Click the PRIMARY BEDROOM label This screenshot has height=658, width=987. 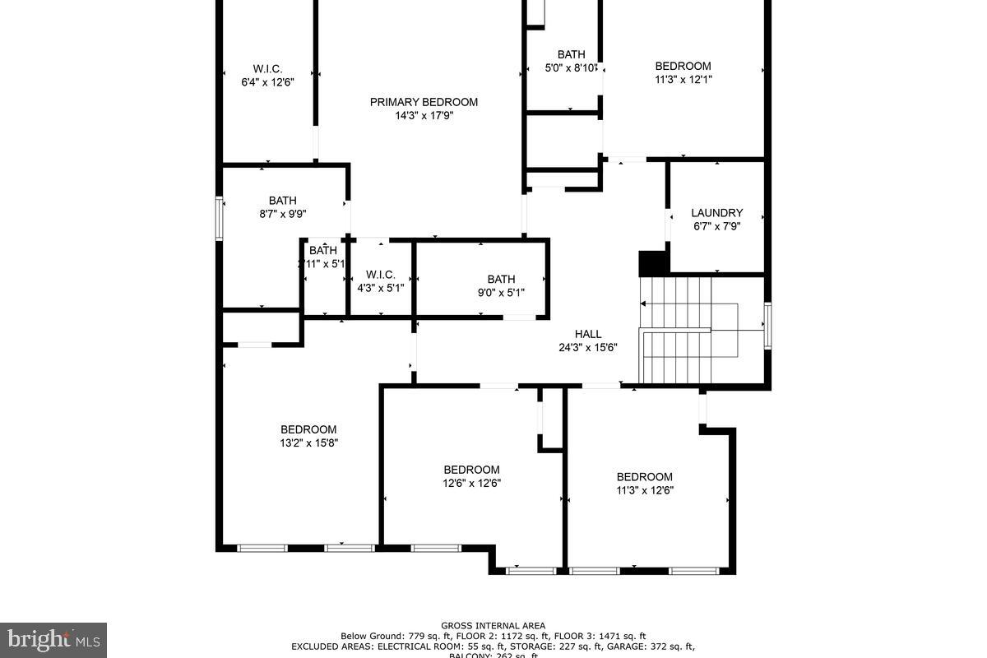(424, 102)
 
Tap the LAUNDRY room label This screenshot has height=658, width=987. (716, 212)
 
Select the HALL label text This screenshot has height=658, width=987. (588, 334)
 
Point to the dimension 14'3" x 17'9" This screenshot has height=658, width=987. (424, 116)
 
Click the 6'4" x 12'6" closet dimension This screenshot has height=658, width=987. (267, 82)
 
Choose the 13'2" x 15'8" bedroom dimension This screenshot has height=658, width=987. (308, 443)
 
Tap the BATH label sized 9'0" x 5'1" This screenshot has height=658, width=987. (501, 279)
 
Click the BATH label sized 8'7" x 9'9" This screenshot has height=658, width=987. (282, 200)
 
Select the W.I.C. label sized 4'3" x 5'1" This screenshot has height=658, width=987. (381, 274)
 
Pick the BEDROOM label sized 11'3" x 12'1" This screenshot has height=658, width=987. (683, 66)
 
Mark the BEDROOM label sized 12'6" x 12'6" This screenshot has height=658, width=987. (471, 470)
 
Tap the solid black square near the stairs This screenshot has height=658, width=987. (653, 263)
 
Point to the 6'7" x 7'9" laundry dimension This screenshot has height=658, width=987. (716, 226)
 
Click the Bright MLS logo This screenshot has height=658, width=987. (53, 638)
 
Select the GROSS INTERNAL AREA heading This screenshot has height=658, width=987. (493, 625)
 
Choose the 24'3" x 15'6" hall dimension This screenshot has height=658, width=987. (588, 347)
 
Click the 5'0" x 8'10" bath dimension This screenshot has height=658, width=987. (571, 68)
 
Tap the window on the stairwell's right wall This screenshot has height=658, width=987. (767, 325)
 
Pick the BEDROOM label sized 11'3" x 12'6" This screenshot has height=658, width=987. (645, 476)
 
